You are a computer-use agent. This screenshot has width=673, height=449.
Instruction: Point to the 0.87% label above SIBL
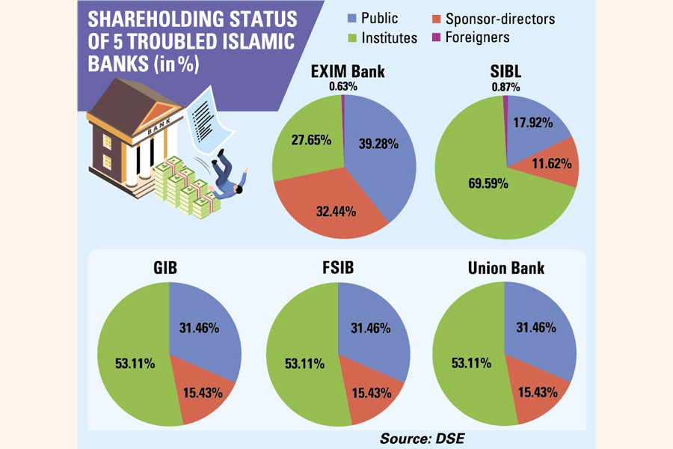point(505,86)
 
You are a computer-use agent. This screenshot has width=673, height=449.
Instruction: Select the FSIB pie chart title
point(338,268)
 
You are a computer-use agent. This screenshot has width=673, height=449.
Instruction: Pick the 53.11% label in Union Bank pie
point(471,364)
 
